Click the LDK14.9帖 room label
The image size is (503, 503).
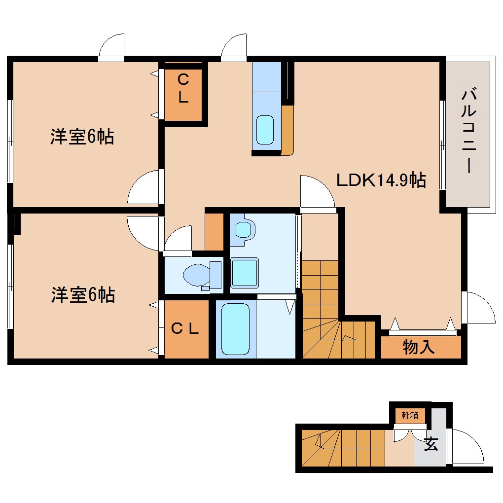[x=381, y=180]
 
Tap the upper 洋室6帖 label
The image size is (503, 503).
[x=82, y=137]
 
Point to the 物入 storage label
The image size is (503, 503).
[x=419, y=348]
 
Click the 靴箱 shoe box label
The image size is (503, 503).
[x=410, y=416]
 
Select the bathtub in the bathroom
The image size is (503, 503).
[x=235, y=328]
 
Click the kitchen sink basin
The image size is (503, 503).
[x=265, y=130]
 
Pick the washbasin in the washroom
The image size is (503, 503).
[x=244, y=230]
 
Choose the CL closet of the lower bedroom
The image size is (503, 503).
[x=185, y=329]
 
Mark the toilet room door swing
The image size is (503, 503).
[x=179, y=239]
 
